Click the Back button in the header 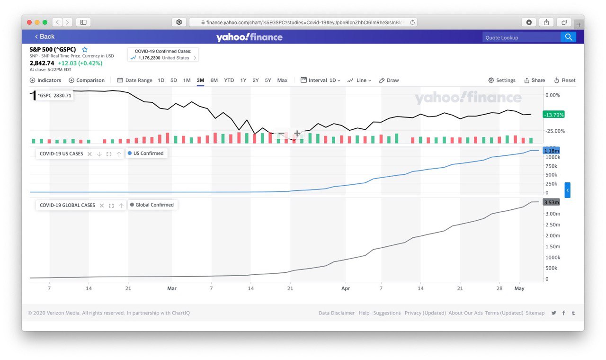coord(45,36)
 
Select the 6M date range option coord(214,80)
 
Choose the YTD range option coord(229,80)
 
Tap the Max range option coord(282,80)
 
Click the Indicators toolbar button coord(45,80)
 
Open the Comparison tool coord(87,80)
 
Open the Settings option coord(502,80)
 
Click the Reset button coord(565,80)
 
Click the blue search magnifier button coord(568,37)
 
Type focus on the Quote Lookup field coord(521,37)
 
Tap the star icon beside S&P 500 coord(85,49)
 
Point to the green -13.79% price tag coord(553,115)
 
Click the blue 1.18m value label coord(552,151)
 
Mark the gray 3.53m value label coord(552,202)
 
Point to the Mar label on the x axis coord(172,288)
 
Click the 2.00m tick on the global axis coord(553,235)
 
